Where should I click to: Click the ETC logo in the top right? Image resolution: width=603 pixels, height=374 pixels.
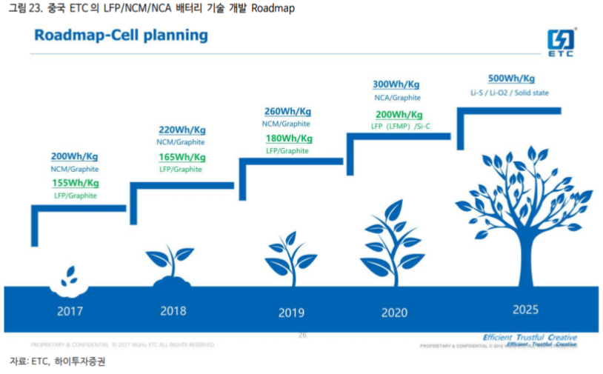[x=562, y=43]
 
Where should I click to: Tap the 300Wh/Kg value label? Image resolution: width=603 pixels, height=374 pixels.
[x=397, y=84]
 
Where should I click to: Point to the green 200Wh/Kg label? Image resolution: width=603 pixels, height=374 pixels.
[x=399, y=115]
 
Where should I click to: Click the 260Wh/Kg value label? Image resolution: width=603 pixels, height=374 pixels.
[x=288, y=112]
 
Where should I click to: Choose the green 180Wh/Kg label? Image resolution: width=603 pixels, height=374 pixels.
[x=289, y=138]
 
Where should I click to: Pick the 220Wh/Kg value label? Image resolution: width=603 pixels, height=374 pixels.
[x=181, y=130]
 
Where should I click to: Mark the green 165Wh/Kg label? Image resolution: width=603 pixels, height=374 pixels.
[x=182, y=157]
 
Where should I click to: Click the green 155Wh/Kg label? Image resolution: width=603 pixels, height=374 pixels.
[x=76, y=183]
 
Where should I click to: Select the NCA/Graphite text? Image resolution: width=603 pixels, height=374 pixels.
[x=397, y=97]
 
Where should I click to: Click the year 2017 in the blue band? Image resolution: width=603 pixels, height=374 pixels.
[x=70, y=311]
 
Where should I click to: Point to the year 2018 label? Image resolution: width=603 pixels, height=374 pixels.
[x=173, y=311]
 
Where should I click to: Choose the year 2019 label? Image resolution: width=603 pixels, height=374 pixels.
[x=291, y=313]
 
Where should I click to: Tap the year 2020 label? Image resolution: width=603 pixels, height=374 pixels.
[x=394, y=313]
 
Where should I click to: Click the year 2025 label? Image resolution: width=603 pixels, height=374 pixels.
[x=525, y=310]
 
